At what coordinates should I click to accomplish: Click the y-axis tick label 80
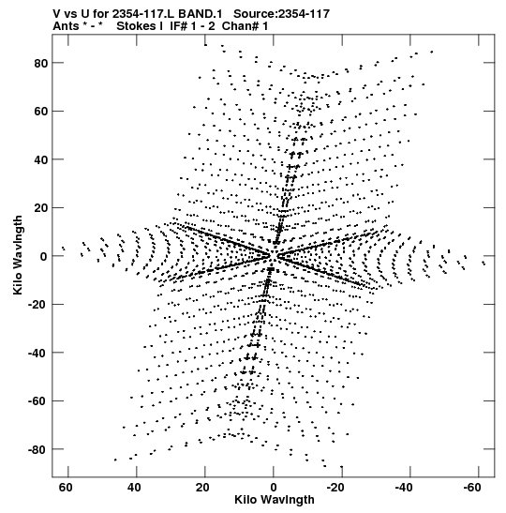point(40,63)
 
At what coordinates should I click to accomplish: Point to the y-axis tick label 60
point(40,112)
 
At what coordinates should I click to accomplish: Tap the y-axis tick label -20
point(37,305)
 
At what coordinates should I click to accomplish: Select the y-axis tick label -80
point(37,450)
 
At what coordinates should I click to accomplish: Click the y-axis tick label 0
point(44,257)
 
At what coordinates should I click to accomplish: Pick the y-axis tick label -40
point(37,353)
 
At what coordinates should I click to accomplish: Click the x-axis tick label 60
point(66,488)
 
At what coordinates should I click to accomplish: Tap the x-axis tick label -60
point(472,488)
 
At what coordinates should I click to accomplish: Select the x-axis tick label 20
point(202,488)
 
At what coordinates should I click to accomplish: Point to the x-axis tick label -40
point(404,488)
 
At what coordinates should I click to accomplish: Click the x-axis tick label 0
point(274,488)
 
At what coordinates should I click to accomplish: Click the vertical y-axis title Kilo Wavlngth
point(18,255)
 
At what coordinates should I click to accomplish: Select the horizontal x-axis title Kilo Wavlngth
point(275,500)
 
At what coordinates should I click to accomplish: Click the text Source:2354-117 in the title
point(281,14)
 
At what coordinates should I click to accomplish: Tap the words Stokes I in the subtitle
point(140,26)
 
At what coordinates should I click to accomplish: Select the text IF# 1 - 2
point(192,26)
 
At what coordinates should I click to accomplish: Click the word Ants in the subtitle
point(66,26)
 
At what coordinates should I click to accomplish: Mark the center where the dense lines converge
point(273,255)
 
